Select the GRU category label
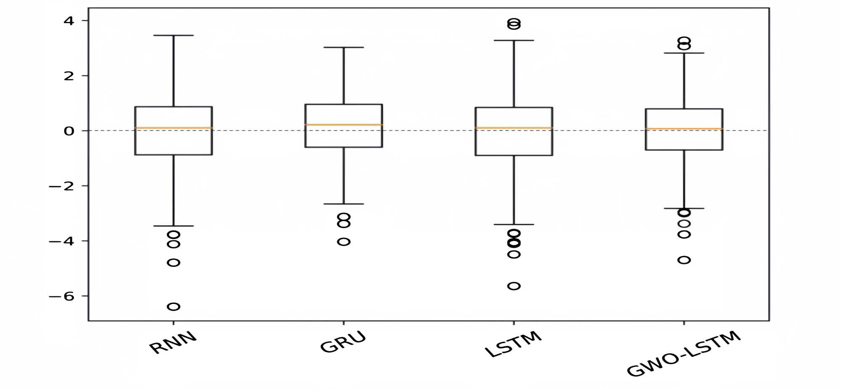tap(343, 342)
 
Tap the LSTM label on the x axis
tap(513, 344)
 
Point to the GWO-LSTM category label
tap(683, 354)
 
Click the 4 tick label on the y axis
tap(69, 21)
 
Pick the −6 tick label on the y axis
tap(62, 296)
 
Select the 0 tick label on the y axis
tap(69, 131)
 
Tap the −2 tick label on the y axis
tap(62, 186)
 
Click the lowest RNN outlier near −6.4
tap(174, 306)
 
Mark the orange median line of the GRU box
tap(344, 125)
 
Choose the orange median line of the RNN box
tap(174, 128)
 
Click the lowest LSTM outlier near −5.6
tap(514, 286)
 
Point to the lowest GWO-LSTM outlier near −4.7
tap(684, 260)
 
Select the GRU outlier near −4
tap(344, 242)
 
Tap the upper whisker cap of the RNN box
tap(174, 35)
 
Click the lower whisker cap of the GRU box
tap(344, 204)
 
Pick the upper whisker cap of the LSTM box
tap(514, 40)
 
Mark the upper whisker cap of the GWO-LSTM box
tap(684, 53)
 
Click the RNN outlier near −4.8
tap(174, 263)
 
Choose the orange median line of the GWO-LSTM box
tap(684, 128)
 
